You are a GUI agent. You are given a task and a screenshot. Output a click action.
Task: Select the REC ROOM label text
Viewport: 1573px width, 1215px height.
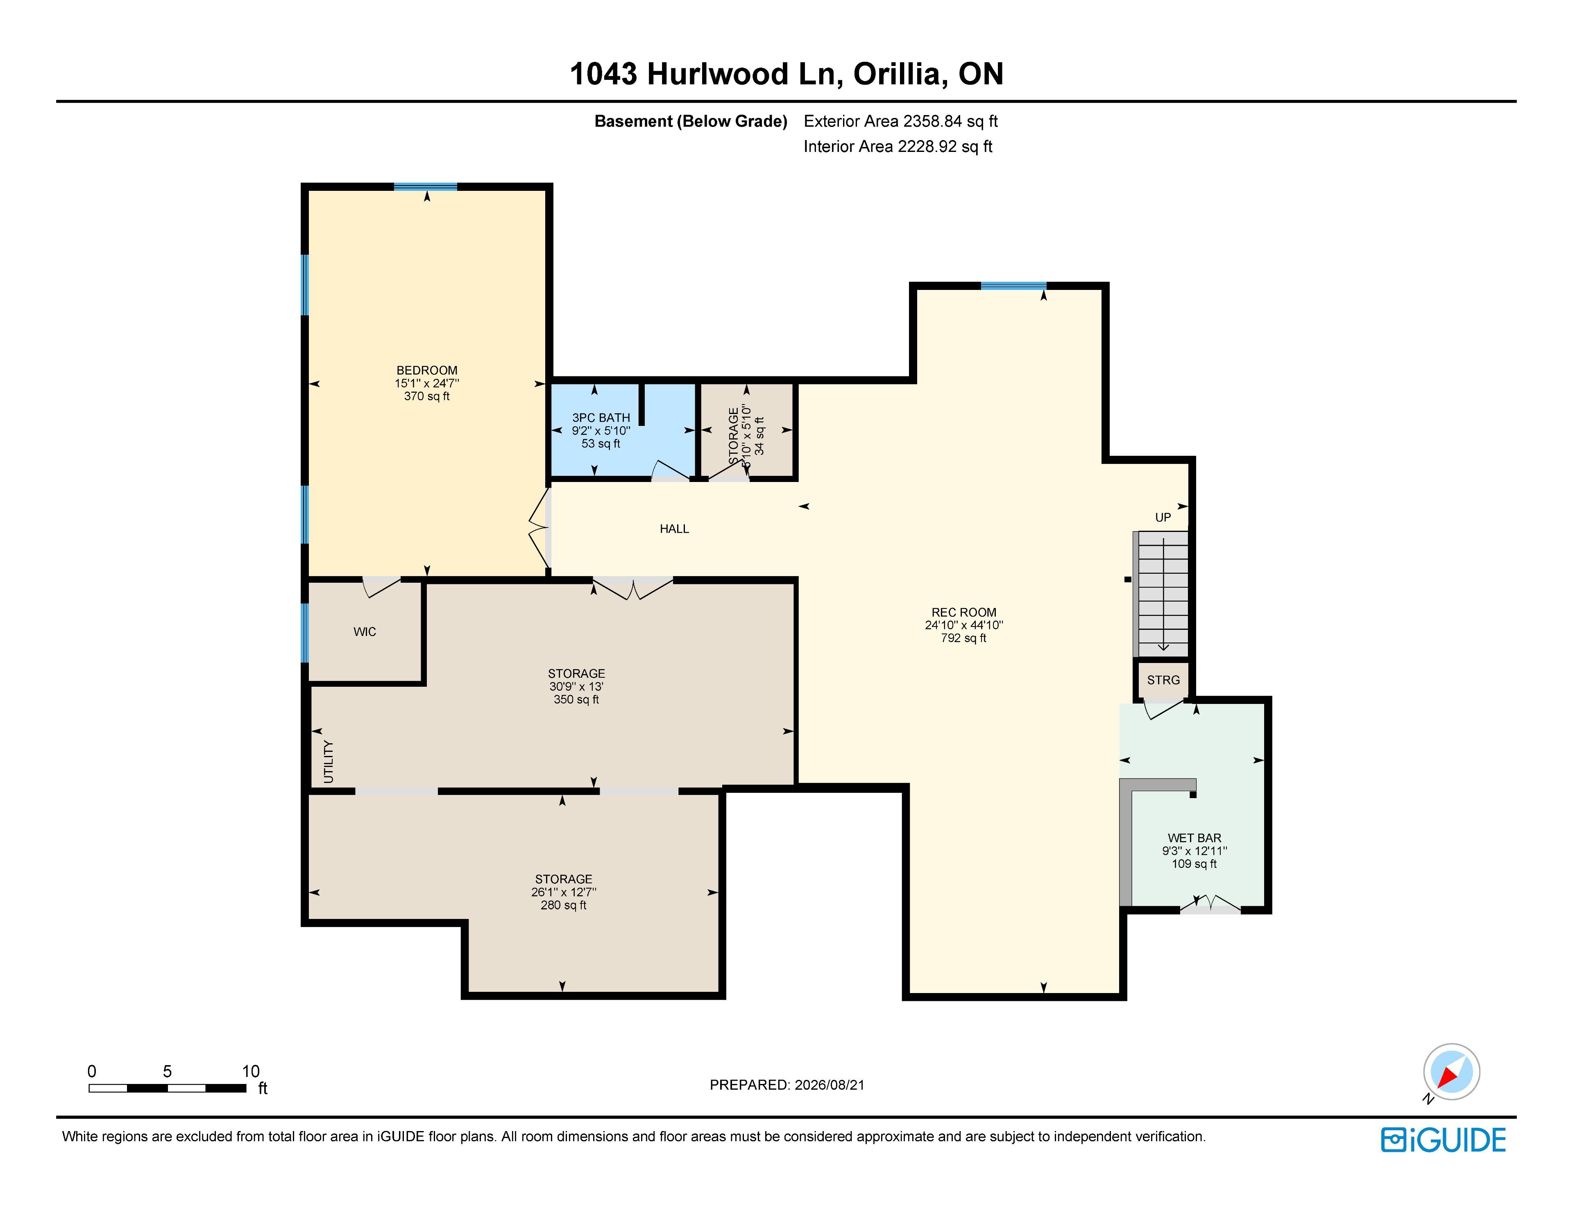click(x=964, y=612)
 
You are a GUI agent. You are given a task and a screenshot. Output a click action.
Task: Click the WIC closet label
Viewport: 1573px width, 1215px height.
click(x=365, y=631)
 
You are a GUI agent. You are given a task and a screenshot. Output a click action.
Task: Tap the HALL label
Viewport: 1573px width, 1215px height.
click(x=674, y=529)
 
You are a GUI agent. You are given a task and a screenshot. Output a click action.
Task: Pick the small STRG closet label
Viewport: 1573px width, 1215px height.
click(x=1163, y=680)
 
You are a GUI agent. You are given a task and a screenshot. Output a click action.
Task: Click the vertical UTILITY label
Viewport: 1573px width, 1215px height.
click(x=329, y=761)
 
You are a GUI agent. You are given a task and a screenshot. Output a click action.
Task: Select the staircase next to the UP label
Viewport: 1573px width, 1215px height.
click(x=1160, y=593)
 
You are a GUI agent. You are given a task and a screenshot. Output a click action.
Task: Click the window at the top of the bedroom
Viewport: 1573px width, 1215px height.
click(x=426, y=187)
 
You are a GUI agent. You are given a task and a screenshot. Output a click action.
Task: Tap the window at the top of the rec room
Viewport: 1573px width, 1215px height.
click(x=1013, y=286)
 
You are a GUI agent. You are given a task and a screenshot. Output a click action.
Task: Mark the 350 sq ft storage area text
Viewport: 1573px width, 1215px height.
click(x=576, y=699)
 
